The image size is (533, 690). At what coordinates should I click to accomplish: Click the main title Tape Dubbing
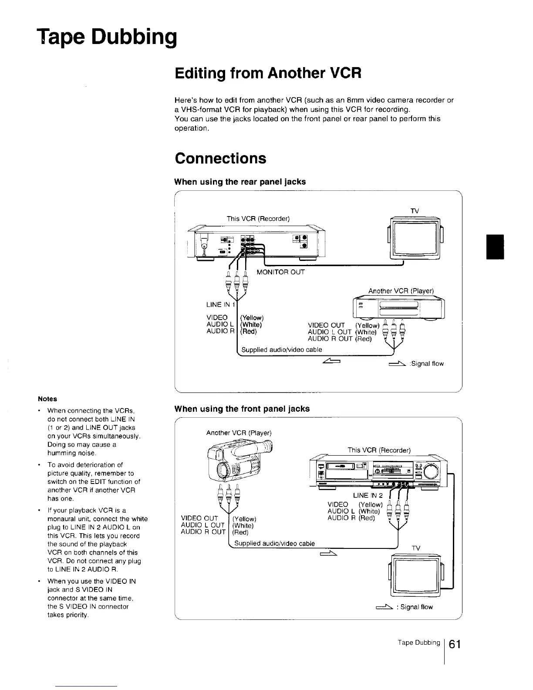pyautogui.click(x=107, y=37)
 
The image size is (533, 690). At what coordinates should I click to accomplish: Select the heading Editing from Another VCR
pyautogui.click(x=268, y=72)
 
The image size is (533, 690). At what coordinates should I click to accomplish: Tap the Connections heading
pyautogui.click(x=220, y=158)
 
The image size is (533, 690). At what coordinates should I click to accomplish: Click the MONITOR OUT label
pyautogui.click(x=280, y=272)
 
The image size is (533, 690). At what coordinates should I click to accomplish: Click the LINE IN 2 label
pyautogui.click(x=368, y=495)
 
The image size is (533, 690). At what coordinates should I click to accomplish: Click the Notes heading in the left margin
pyautogui.click(x=47, y=399)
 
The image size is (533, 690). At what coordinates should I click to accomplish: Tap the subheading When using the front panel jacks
pyautogui.click(x=242, y=409)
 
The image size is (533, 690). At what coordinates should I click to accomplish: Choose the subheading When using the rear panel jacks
pyautogui.click(x=240, y=182)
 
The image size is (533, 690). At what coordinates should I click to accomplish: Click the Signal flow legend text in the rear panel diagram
pyautogui.click(x=426, y=364)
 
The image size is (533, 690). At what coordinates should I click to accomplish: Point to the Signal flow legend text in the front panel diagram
pyautogui.click(x=414, y=607)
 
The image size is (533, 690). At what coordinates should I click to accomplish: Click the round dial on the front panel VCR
pyautogui.click(x=432, y=471)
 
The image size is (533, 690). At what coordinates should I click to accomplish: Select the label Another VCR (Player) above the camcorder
pyautogui.click(x=239, y=433)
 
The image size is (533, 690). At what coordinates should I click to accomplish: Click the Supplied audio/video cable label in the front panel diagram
pyautogui.click(x=274, y=543)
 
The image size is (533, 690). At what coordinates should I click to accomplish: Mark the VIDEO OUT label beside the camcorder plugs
pyautogui.click(x=199, y=518)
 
